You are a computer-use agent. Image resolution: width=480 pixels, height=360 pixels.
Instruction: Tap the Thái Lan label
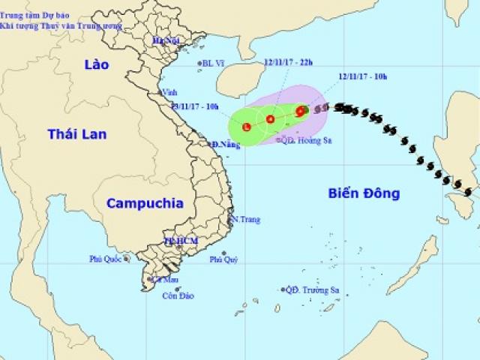(77, 134)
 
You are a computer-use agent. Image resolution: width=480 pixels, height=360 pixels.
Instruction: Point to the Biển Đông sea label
(364, 193)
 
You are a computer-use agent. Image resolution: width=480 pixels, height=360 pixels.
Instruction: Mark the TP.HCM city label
(177, 241)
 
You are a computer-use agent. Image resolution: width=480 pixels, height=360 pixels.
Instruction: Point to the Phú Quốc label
(105, 259)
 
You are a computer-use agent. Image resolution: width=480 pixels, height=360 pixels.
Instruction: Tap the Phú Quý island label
(225, 259)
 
